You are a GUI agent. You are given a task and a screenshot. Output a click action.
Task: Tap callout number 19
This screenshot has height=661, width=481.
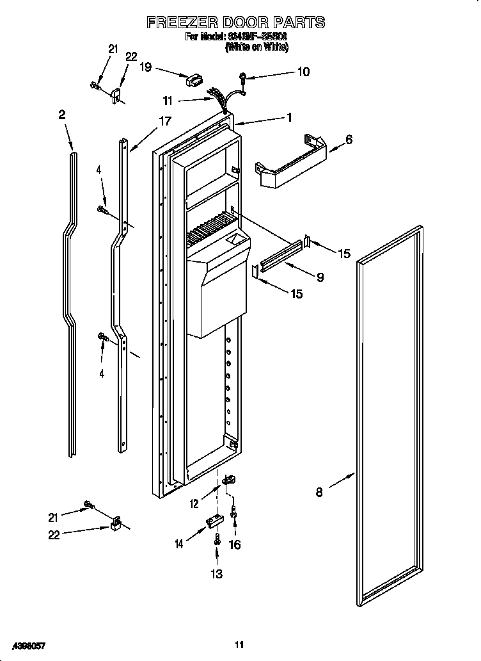pos(146,66)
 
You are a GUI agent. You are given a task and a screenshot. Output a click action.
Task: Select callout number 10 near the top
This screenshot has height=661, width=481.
pos(303,72)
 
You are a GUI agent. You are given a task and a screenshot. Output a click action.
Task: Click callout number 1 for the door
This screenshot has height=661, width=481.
pos(290,117)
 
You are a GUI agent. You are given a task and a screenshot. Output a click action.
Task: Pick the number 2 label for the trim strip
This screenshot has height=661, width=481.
pos(62,115)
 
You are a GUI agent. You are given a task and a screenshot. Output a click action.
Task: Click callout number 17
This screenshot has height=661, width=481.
pos(165,120)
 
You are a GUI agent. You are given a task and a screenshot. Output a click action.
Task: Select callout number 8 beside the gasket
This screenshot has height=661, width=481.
pos(319,492)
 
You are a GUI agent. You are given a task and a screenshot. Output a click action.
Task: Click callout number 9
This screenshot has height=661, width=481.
pos(320,277)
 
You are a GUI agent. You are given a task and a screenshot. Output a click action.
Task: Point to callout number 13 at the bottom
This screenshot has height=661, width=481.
pos(217,574)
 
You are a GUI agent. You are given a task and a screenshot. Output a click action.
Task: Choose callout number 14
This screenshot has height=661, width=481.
pos(180,544)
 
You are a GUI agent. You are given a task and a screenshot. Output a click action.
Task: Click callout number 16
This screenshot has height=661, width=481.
pos(235,544)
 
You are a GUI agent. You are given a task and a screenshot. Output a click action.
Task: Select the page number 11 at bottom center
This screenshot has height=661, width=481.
pos(239,644)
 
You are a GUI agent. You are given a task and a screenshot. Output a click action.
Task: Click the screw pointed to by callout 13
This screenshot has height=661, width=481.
pos(217,539)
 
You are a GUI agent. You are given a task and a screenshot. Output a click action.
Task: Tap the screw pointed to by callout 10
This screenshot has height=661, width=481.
pos(244,78)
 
